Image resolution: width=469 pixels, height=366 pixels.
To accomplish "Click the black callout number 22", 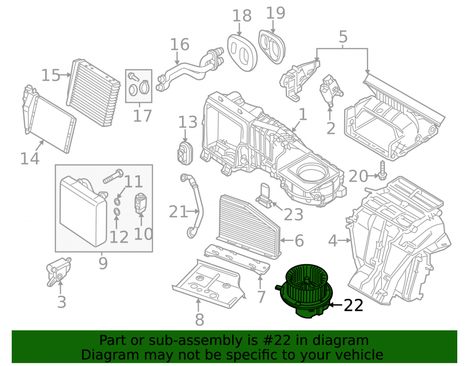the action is click(354, 306).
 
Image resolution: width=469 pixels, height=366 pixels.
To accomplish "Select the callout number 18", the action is click(242, 15).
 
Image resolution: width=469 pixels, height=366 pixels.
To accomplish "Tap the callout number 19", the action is click(275, 13).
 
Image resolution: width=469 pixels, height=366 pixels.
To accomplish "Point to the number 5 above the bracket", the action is click(343, 37).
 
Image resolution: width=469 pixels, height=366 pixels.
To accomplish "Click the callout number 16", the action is click(180, 44).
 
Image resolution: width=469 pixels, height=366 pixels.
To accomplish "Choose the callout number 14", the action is click(30, 158).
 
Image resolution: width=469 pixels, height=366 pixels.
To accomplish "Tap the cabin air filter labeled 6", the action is click(248, 225).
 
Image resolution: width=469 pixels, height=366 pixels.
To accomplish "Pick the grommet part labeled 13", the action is click(185, 153).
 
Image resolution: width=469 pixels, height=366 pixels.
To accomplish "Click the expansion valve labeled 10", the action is click(140, 204).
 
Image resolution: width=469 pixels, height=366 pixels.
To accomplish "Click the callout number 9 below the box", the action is click(103, 263).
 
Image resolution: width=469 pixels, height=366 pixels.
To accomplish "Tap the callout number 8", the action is click(199, 320).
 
